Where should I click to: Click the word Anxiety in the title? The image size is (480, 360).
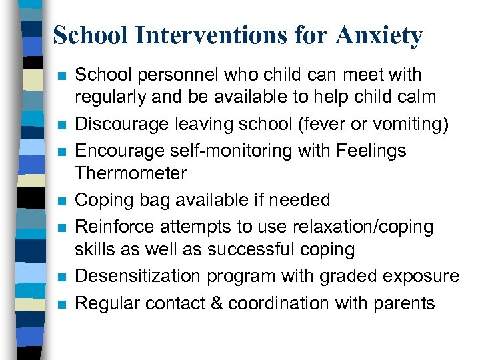point(379,35)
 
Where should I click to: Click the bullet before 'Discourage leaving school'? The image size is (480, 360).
point(61,125)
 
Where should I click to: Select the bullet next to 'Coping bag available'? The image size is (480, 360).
point(61,201)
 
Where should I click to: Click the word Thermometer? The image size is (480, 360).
point(131,173)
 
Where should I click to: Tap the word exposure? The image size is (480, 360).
point(423,276)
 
